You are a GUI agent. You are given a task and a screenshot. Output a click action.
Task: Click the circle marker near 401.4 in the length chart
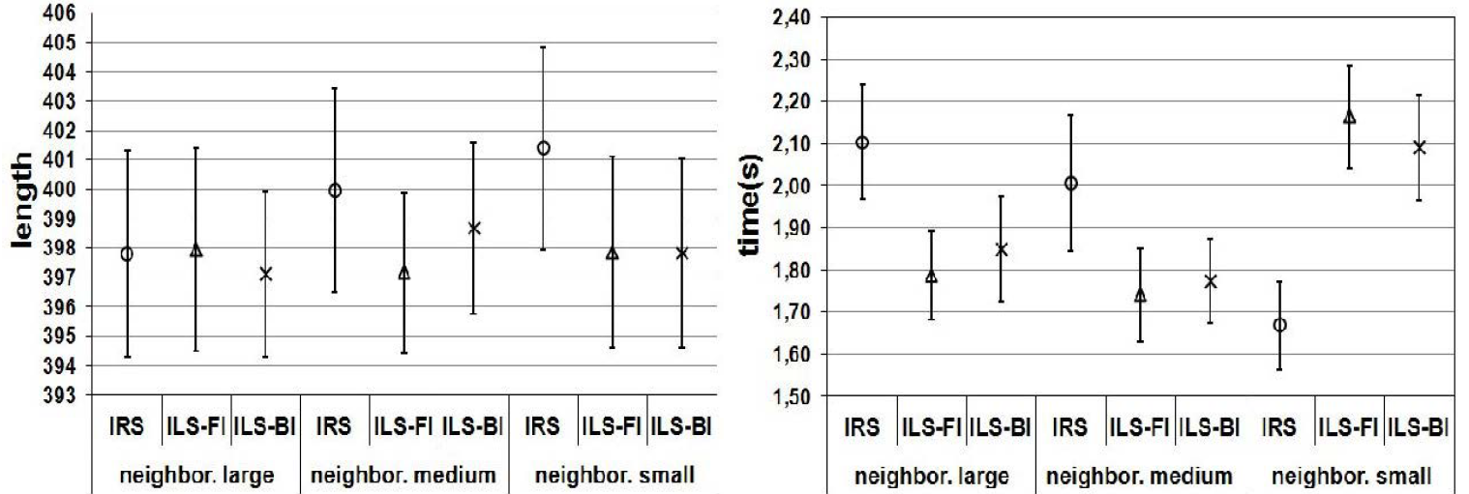tap(544, 148)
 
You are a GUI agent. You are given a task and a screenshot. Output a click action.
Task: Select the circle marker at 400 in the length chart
tap(335, 190)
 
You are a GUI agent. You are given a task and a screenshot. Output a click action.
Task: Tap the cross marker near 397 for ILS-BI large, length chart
tap(266, 274)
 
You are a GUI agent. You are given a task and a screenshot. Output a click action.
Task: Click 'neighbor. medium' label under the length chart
tap(405, 476)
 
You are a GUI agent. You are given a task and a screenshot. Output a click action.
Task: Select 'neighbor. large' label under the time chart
tap(931, 476)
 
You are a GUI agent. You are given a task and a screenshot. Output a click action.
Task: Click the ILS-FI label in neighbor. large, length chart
tap(196, 428)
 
